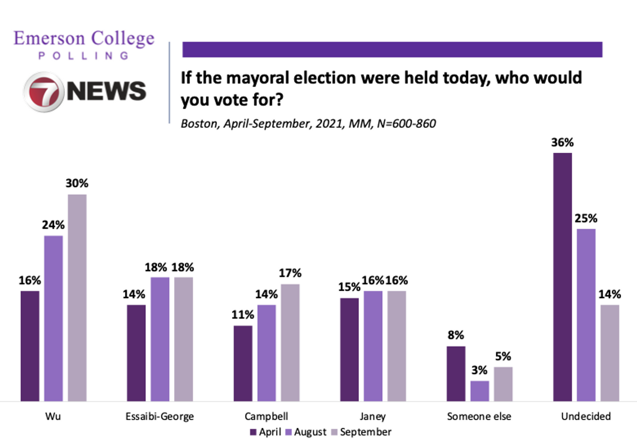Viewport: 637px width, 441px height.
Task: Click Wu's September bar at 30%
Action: (77, 298)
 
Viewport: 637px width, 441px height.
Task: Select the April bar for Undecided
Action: (563, 277)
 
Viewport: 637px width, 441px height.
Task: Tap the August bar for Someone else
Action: (480, 391)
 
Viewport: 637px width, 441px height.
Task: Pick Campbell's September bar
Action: (290, 343)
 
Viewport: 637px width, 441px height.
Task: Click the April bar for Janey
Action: (349, 349)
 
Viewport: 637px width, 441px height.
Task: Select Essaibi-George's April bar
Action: (136, 353)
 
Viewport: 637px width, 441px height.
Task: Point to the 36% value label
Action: (563, 142)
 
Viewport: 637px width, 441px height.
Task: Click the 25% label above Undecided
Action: (586, 218)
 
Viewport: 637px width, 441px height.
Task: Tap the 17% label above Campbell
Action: (290, 273)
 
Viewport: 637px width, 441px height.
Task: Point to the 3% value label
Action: (479, 370)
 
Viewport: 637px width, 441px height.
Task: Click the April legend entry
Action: (265, 432)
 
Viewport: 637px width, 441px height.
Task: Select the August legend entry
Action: (306, 432)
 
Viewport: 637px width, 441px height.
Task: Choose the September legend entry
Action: (361, 432)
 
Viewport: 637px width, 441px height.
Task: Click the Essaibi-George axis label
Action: (160, 417)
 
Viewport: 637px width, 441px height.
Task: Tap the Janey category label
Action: (373, 417)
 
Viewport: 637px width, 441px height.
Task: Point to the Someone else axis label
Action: (479, 417)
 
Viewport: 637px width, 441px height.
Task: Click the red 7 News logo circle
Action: (44, 92)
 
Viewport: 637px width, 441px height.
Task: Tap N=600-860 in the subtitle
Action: (407, 124)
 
